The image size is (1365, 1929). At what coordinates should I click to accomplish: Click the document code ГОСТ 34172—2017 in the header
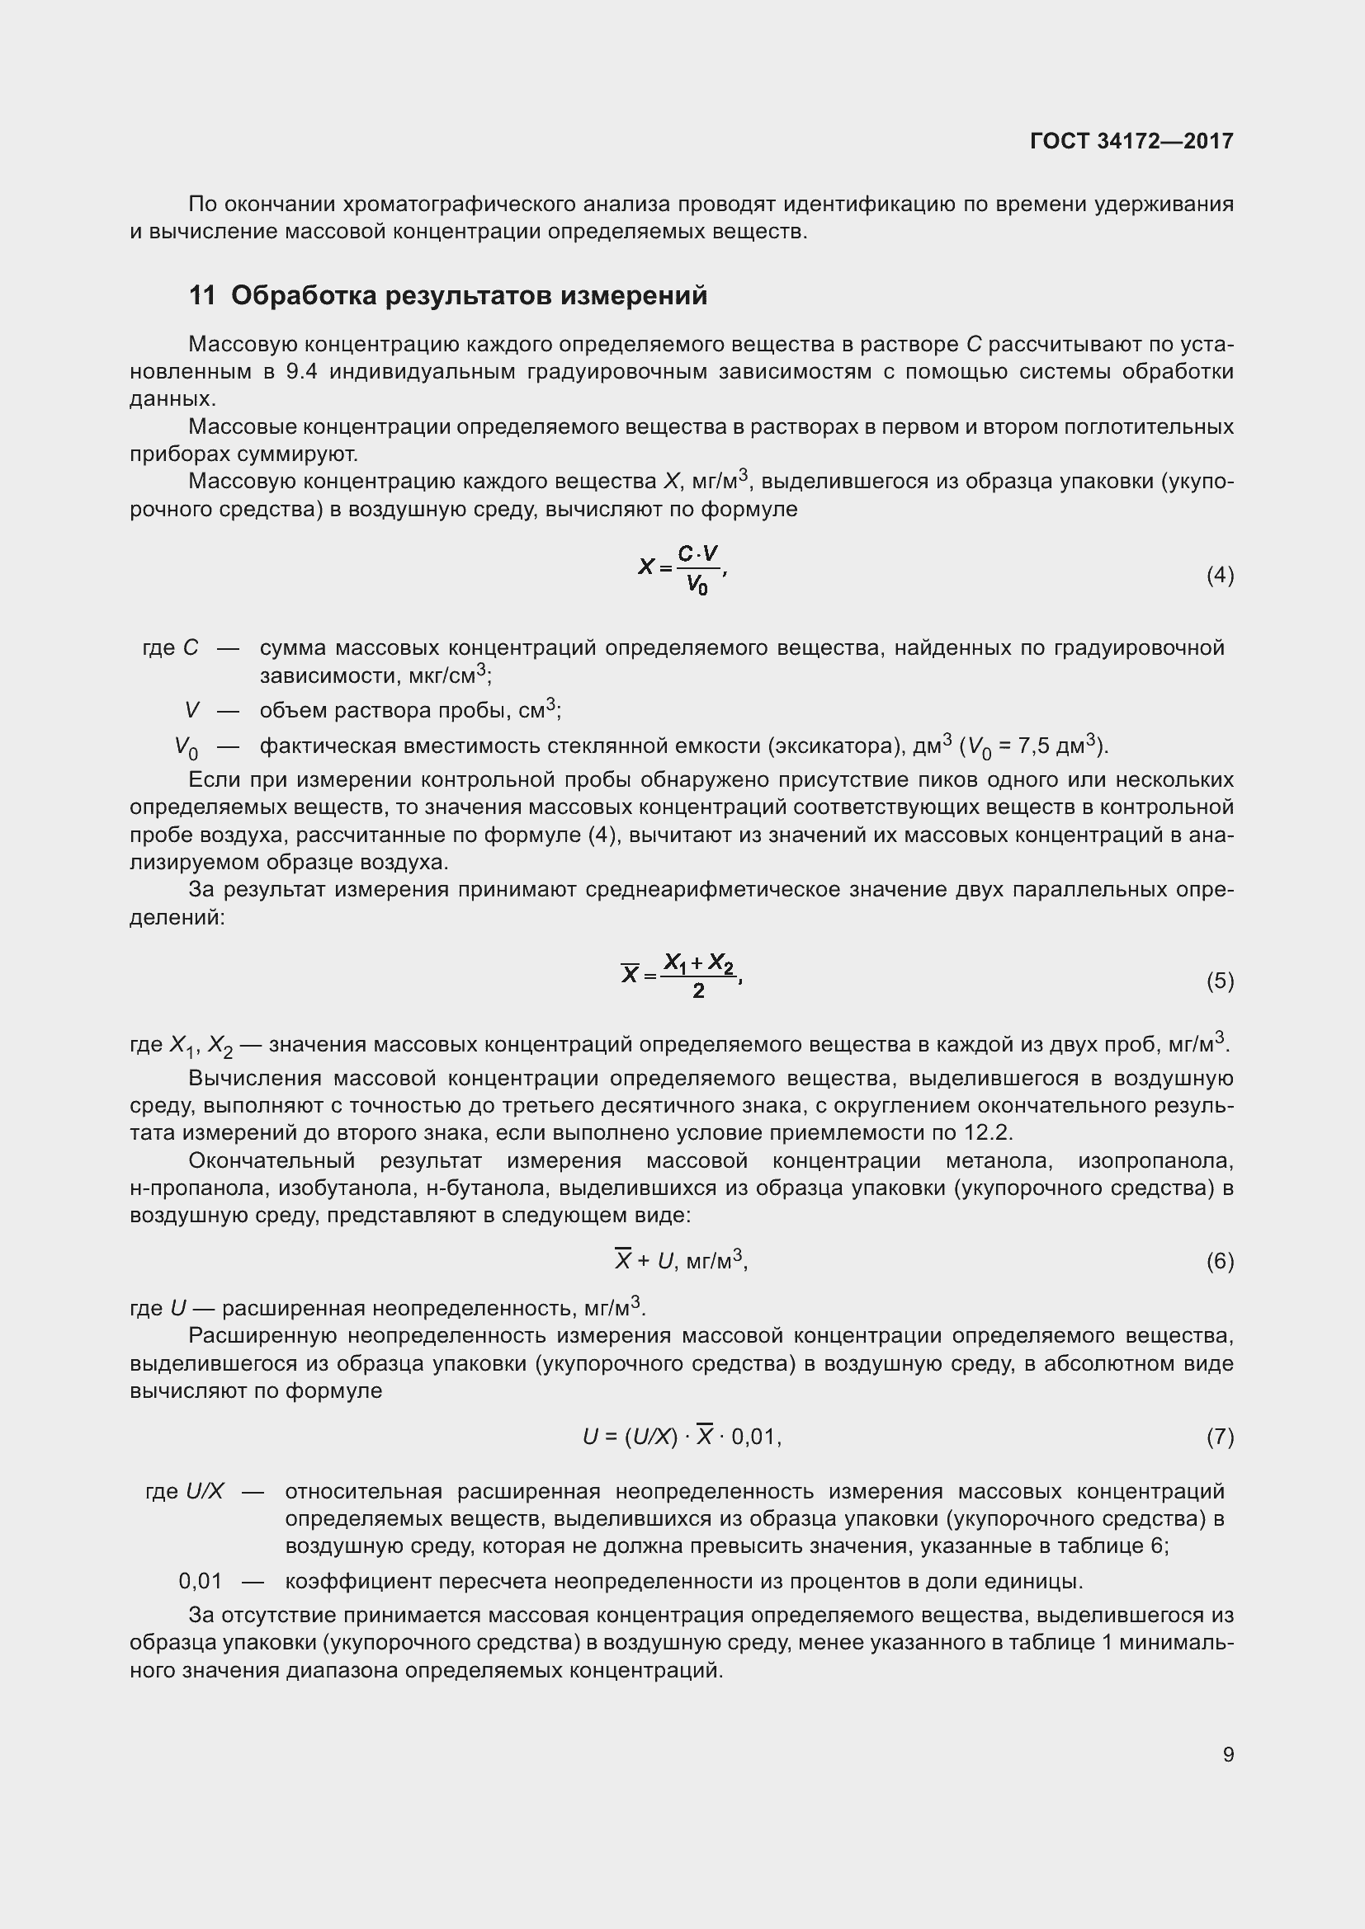click(x=1131, y=140)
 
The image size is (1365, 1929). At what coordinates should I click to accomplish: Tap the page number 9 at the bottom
click(x=1228, y=1754)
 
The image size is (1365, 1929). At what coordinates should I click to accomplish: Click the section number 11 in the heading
click(x=201, y=296)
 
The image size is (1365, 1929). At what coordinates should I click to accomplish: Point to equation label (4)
click(x=1220, y=576)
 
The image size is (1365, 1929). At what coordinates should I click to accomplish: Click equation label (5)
click(x=1220, y=981)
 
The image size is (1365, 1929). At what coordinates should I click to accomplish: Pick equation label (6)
click(x=1220, y=1261)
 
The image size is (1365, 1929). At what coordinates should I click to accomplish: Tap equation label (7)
click(x=1220, y=1437)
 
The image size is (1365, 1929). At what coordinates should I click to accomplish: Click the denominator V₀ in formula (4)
click(x=697, y=585)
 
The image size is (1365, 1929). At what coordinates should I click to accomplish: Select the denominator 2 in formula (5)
click(x=698, y=992)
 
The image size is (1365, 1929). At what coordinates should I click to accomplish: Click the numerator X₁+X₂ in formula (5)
click(x=698, y=962)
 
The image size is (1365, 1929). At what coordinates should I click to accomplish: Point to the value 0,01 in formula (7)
click(x=753, y=1437)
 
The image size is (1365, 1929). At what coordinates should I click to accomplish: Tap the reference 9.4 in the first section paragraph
click(x=302, y=372)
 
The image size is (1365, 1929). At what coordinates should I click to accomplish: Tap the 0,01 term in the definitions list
click(x=201, y=1581)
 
